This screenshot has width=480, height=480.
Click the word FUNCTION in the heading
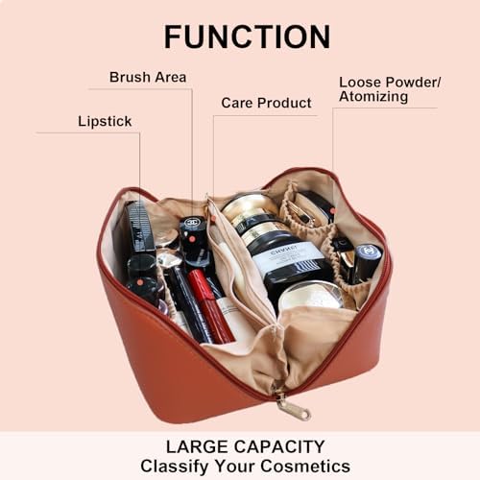pyautogui.click(x=247, y=36)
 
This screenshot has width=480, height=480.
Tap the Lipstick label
pyautogui.click(x=105, y=122)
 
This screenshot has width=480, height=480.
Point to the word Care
pyautogui.click(x=237, y=103)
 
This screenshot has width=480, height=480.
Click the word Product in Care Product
pyautogui.click(x=285, y=103)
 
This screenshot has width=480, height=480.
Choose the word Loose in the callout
pyautogui.click(x=360, y=83)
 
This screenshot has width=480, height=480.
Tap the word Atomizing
pyautogui.click(x=373, y=97)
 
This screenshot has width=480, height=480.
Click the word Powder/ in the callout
pyautogui.click(x=413, y=83)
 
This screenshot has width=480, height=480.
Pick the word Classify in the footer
pyautogui.click(x=175, y=467)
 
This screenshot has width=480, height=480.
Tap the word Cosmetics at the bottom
pyautogui.click(x=305, y=466)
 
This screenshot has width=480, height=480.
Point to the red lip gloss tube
pyautogui.click(x=210, y=305)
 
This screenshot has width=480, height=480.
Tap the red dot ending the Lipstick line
pyautogui.click(x=140, y=282)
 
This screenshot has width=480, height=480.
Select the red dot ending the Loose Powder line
pyautogui.click(x=333, y=211)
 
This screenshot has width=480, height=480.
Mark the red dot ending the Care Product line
pyautogui.click(x=213, y=219)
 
